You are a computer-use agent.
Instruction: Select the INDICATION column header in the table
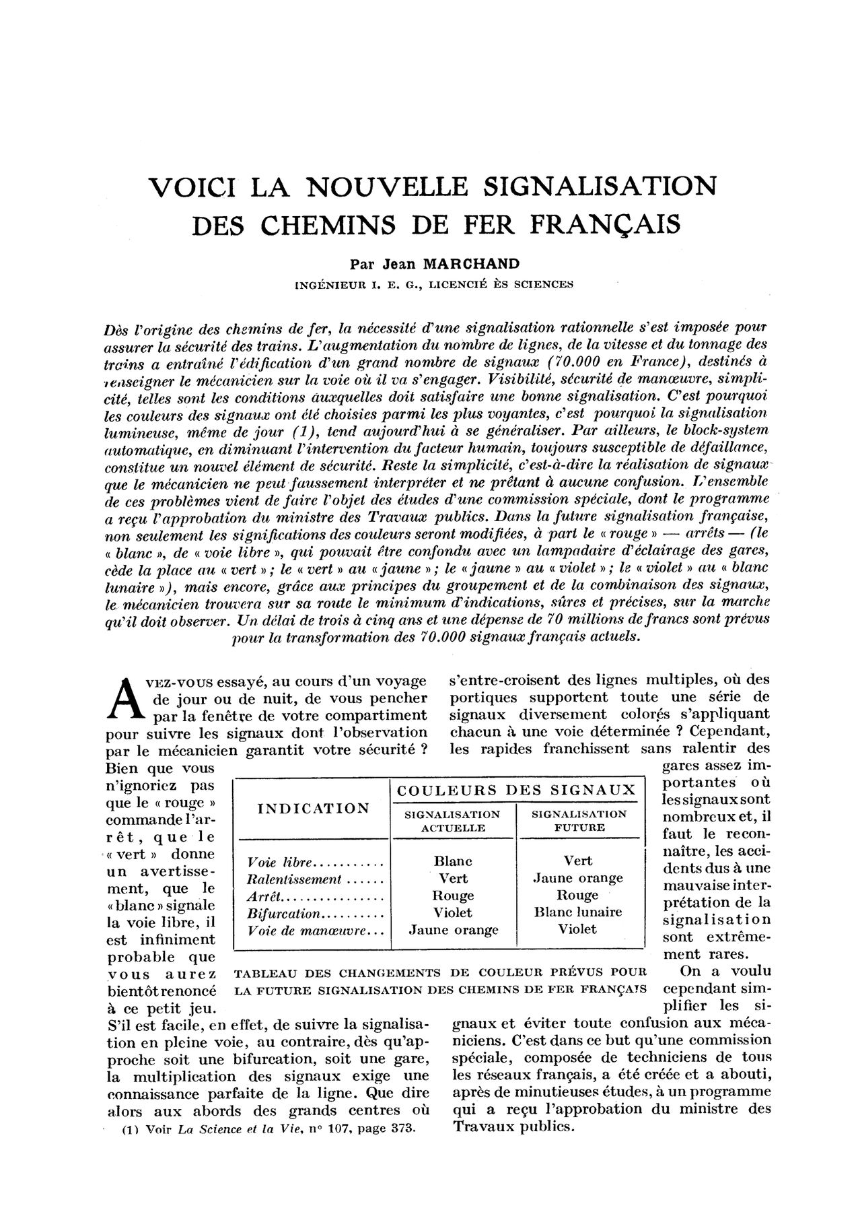[x=314, y=809]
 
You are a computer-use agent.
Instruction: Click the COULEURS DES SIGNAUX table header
[x=516, y=790]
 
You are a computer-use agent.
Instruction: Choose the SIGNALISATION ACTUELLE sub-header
[x=452, y=821]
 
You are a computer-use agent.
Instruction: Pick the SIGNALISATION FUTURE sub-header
[x=579, y=820]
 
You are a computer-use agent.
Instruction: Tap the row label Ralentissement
[x=295, y=879]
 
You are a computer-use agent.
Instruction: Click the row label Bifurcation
[x=284, y=914]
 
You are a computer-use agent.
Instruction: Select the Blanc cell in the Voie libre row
[x=454, y=861]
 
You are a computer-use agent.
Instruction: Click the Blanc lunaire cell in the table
[x=578, y=912]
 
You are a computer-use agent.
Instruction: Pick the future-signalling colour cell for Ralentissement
[x=578, y=878]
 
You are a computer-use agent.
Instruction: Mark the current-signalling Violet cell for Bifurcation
[x=454, y=913]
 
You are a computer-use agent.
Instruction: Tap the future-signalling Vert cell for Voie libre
[x=578, y=861]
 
